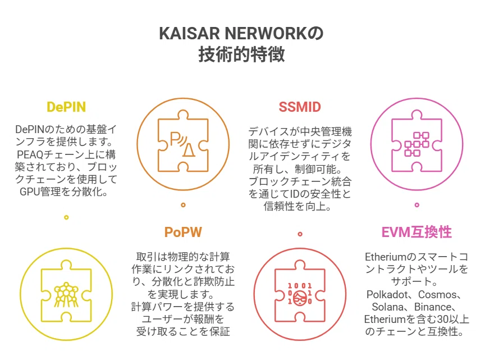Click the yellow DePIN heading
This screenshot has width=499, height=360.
66,107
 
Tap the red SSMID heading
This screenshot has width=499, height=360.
300,107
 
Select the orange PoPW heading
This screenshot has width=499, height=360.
183,233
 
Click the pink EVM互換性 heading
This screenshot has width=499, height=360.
416,232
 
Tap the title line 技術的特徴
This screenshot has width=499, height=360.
241,54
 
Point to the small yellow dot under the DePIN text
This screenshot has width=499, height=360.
66,217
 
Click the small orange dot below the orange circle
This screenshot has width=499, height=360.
183,205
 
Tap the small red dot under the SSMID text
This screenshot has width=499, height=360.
300,234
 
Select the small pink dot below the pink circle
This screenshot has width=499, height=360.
417,205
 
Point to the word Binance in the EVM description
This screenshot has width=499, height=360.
433,307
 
